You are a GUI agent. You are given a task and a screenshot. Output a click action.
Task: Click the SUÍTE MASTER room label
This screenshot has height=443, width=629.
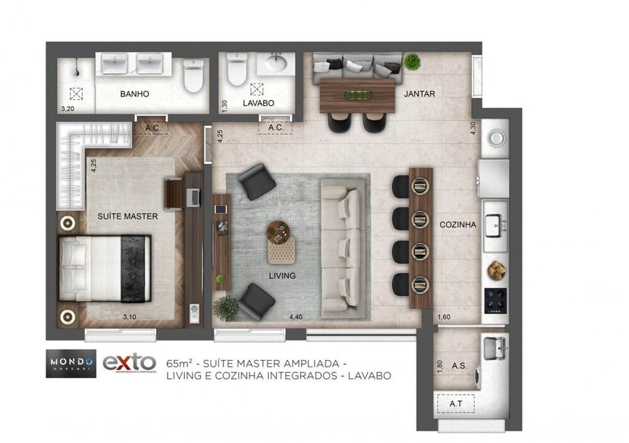click(x=127, y=216)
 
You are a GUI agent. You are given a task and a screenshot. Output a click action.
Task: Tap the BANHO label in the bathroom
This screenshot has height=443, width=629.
click(x=134, y=94)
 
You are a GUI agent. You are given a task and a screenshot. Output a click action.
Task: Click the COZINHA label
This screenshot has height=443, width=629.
click(x=457, y=224)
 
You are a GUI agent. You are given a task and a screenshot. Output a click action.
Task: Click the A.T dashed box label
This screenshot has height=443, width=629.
click(x=457, y=403)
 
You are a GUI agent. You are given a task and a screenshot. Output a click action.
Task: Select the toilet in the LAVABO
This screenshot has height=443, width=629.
click(x=238, y=71)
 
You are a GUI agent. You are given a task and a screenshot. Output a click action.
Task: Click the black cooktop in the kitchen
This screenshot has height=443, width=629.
click(x=495, y=300)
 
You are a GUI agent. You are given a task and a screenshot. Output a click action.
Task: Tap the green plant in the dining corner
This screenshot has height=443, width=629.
click(x=412, y=62)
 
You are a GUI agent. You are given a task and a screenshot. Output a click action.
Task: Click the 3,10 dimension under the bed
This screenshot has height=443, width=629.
click(x=128, y=317)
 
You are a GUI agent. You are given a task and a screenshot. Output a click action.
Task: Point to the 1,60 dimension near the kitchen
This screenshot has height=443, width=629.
click(x=443, y=318)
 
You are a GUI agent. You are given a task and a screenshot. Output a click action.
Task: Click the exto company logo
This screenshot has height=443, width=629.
click(x=129, y=363)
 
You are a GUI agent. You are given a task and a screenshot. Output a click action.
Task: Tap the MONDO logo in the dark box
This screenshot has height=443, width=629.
click(x=71, y=362)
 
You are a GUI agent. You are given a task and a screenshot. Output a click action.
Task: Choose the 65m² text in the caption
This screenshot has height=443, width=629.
click(x=179, y=364)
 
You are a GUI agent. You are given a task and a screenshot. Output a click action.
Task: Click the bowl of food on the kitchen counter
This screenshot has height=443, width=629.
click(x=496, y=269)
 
